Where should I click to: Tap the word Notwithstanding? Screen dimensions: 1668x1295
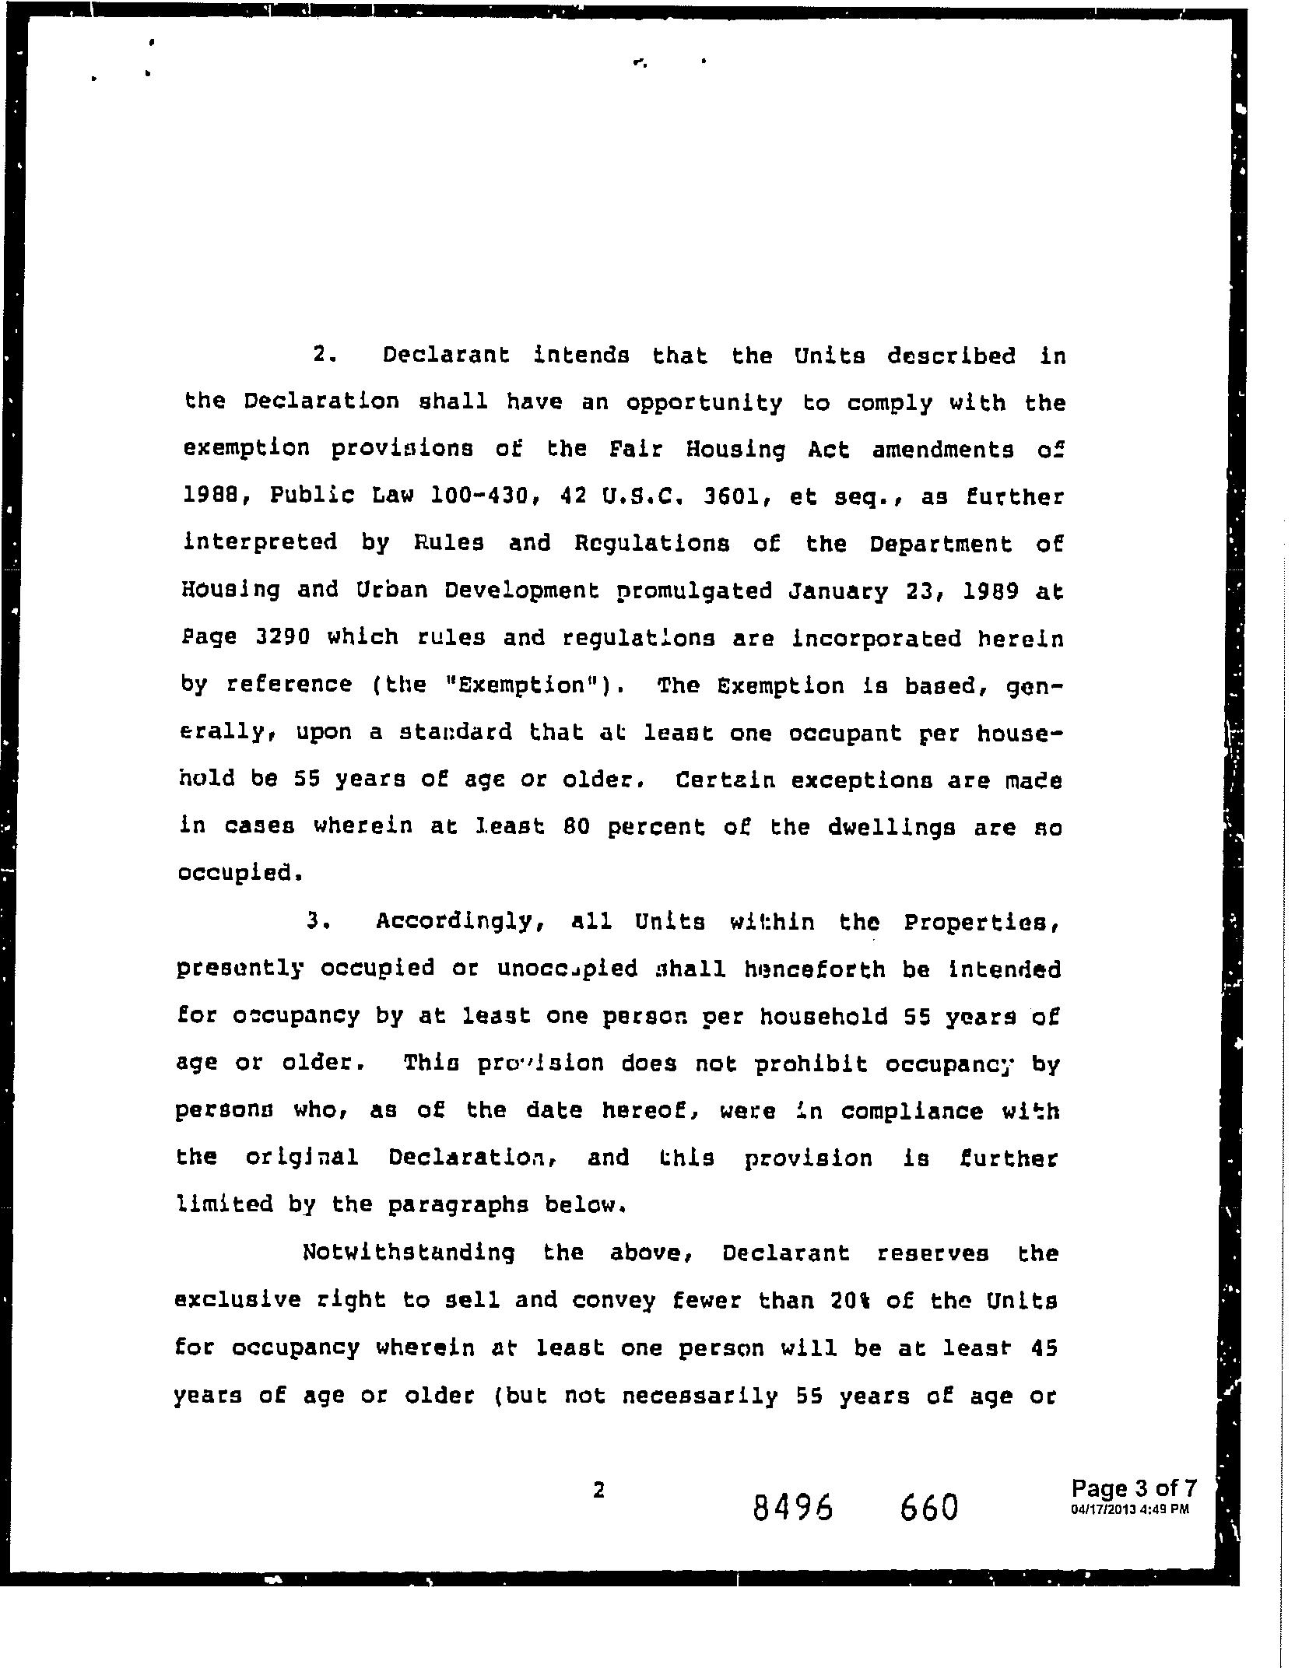tap(409, 1252)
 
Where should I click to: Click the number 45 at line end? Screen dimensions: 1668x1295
tap(1043, 1347)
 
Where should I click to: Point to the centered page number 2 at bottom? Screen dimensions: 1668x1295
tap(598, 1489)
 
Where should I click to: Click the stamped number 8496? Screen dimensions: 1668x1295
tap(793, 1509)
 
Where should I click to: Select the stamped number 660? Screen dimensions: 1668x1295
tap(928, 1509)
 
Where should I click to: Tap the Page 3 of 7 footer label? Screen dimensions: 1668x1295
tap(1133, 1488)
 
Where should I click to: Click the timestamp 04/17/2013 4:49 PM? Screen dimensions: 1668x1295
tap(1130, 1509)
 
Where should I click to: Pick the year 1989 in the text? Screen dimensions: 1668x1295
tap(991, 590)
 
